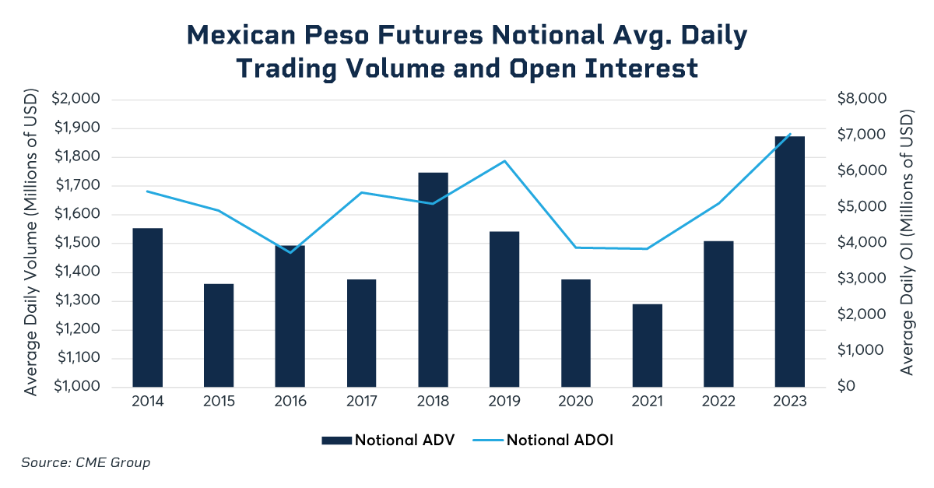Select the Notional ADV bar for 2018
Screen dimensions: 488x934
pos(433,280)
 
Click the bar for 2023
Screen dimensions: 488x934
pos(790,262)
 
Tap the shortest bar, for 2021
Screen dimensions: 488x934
pos(647,346)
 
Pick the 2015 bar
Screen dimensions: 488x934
pos(219,335)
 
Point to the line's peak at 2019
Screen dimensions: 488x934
pos(504,161)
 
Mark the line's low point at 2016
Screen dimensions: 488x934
pos(290,252)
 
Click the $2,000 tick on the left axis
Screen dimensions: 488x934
pos(76,99)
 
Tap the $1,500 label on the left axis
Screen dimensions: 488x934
pos(76,243)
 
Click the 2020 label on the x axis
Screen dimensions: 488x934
pos(576,402)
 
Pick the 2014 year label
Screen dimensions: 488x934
pos(147,402)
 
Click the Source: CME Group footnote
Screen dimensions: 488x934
pos(86,463)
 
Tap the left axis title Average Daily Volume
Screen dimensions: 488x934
pos(31,243)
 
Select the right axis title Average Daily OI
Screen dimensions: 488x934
pos(907,243)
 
